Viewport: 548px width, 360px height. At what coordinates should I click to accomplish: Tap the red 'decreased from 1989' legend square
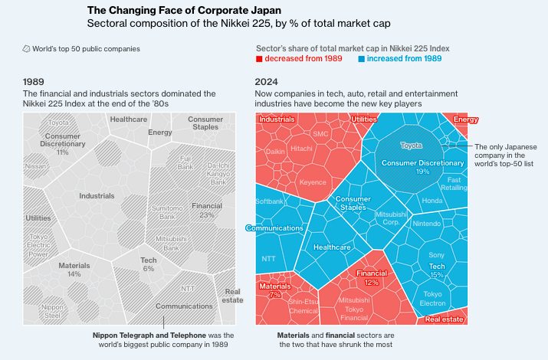(x=259, y=59)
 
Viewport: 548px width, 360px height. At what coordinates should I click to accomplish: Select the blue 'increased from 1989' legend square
(x=362, y=59)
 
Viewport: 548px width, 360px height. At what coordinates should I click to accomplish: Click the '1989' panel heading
(x=34, y=81)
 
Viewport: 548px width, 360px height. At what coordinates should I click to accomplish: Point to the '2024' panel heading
(x=266, y=81)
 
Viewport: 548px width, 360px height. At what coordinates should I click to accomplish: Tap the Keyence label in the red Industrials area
(x=313, y=183)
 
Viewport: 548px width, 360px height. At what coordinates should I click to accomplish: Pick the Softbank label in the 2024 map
(x=269, y=201)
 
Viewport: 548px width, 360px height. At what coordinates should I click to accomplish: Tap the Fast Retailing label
(x=454, y=184)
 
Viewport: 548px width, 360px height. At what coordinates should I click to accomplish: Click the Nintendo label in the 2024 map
(x=426, y=224)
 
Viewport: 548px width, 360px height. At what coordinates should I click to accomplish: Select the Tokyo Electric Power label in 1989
(x=38, y=245)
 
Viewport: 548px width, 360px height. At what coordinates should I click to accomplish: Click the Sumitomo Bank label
(x=166, y=213)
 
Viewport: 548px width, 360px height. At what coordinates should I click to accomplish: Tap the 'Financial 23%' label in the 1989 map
(x=207, y=210)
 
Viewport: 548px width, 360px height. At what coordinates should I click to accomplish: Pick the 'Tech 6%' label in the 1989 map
(x=148, y=264)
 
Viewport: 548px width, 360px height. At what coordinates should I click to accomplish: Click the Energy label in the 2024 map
(x=465, y=119)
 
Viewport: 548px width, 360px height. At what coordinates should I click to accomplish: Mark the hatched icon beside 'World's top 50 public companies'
(x=27, y=48)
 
